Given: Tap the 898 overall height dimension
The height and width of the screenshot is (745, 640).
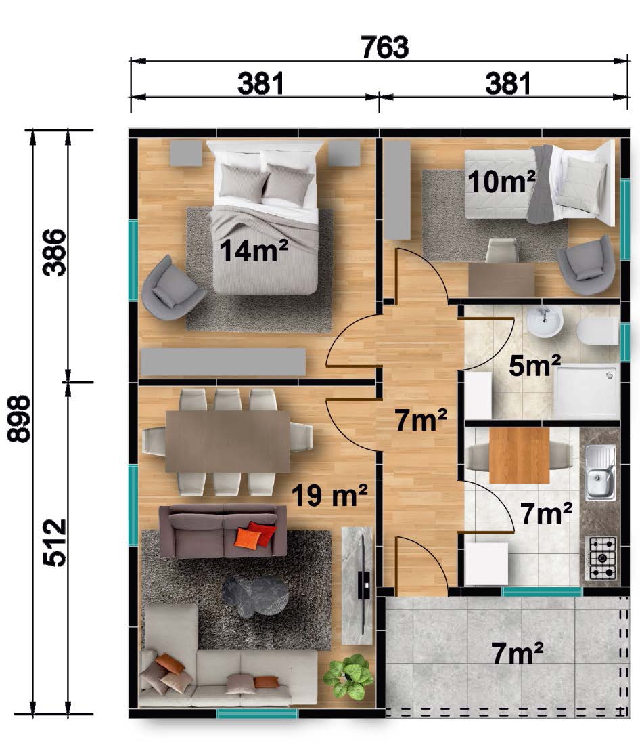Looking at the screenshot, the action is [x=19, y=419].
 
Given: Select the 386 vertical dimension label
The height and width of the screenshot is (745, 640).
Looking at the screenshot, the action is [x=54, y=252].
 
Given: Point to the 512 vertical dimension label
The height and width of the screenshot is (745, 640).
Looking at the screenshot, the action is [x=54, y=542].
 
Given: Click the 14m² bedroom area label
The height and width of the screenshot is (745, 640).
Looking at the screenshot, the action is [x=254, y=251].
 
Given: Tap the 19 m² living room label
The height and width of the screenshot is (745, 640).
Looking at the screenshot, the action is [x=329, y=495].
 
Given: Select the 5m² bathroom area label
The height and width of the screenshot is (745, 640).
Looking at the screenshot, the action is [x=534, y=365].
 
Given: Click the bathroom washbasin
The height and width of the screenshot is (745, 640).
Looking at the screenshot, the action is [x=545, y=322].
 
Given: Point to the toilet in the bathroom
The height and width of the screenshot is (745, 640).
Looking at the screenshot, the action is [x=598, y=331].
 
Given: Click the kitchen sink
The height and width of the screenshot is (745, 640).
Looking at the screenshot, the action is [x=600, y=472].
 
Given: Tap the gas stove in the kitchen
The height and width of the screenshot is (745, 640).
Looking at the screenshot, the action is [x=603, y=558].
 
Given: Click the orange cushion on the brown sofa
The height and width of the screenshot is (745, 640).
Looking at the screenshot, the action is [x=248, y=538].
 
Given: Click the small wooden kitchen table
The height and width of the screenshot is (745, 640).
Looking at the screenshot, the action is [x=520, y=455].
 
